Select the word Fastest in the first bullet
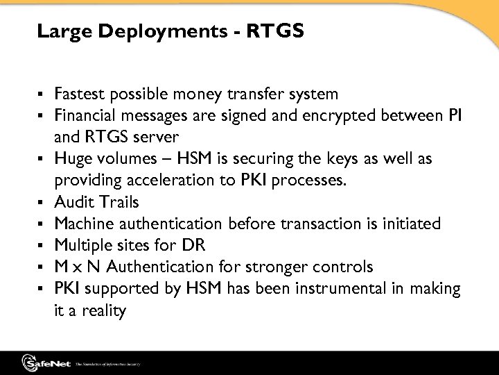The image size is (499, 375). coord(82,93)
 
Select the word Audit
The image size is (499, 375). coord(71,202)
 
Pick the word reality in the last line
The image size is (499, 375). coord(102,310)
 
